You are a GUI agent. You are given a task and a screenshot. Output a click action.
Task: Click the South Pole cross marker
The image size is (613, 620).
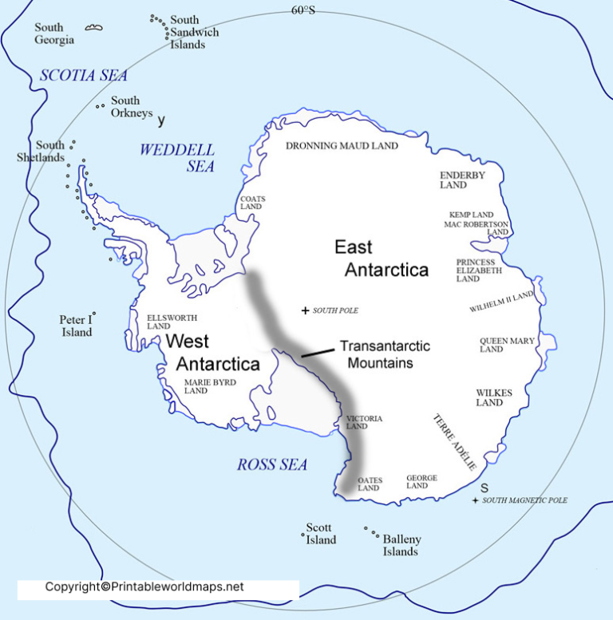click(305, 310)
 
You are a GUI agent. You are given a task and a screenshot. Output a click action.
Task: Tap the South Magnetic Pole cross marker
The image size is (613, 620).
click(476, 500)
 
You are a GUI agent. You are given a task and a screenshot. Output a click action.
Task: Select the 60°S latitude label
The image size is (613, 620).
click(303, 10)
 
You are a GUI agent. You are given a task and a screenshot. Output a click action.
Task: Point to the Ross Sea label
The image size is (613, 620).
click(271, 464)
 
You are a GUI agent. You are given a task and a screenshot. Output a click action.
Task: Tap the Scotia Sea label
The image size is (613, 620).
click(84, 76)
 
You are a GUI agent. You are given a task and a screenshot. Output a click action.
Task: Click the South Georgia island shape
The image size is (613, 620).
click(94, 28)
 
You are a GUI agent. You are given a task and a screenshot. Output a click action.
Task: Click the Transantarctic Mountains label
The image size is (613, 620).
click(385, 354)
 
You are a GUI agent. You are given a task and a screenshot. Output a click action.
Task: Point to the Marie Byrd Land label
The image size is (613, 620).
click(184, 386)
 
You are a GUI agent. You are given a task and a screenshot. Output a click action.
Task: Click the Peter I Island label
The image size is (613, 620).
click(77, 326)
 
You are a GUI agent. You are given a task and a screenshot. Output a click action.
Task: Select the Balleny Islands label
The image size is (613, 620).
click(401, 545)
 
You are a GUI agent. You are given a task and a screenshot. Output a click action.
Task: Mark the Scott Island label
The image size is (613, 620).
click(321, 534)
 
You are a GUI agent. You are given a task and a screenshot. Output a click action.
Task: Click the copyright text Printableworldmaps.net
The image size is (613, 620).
click(144, 587)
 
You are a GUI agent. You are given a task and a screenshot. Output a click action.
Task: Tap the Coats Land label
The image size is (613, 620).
click(252, 203)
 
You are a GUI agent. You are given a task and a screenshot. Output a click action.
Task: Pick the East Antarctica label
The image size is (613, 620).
click(386, 258)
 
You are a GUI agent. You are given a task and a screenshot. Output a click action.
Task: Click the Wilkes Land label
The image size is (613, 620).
click(494, 397)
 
